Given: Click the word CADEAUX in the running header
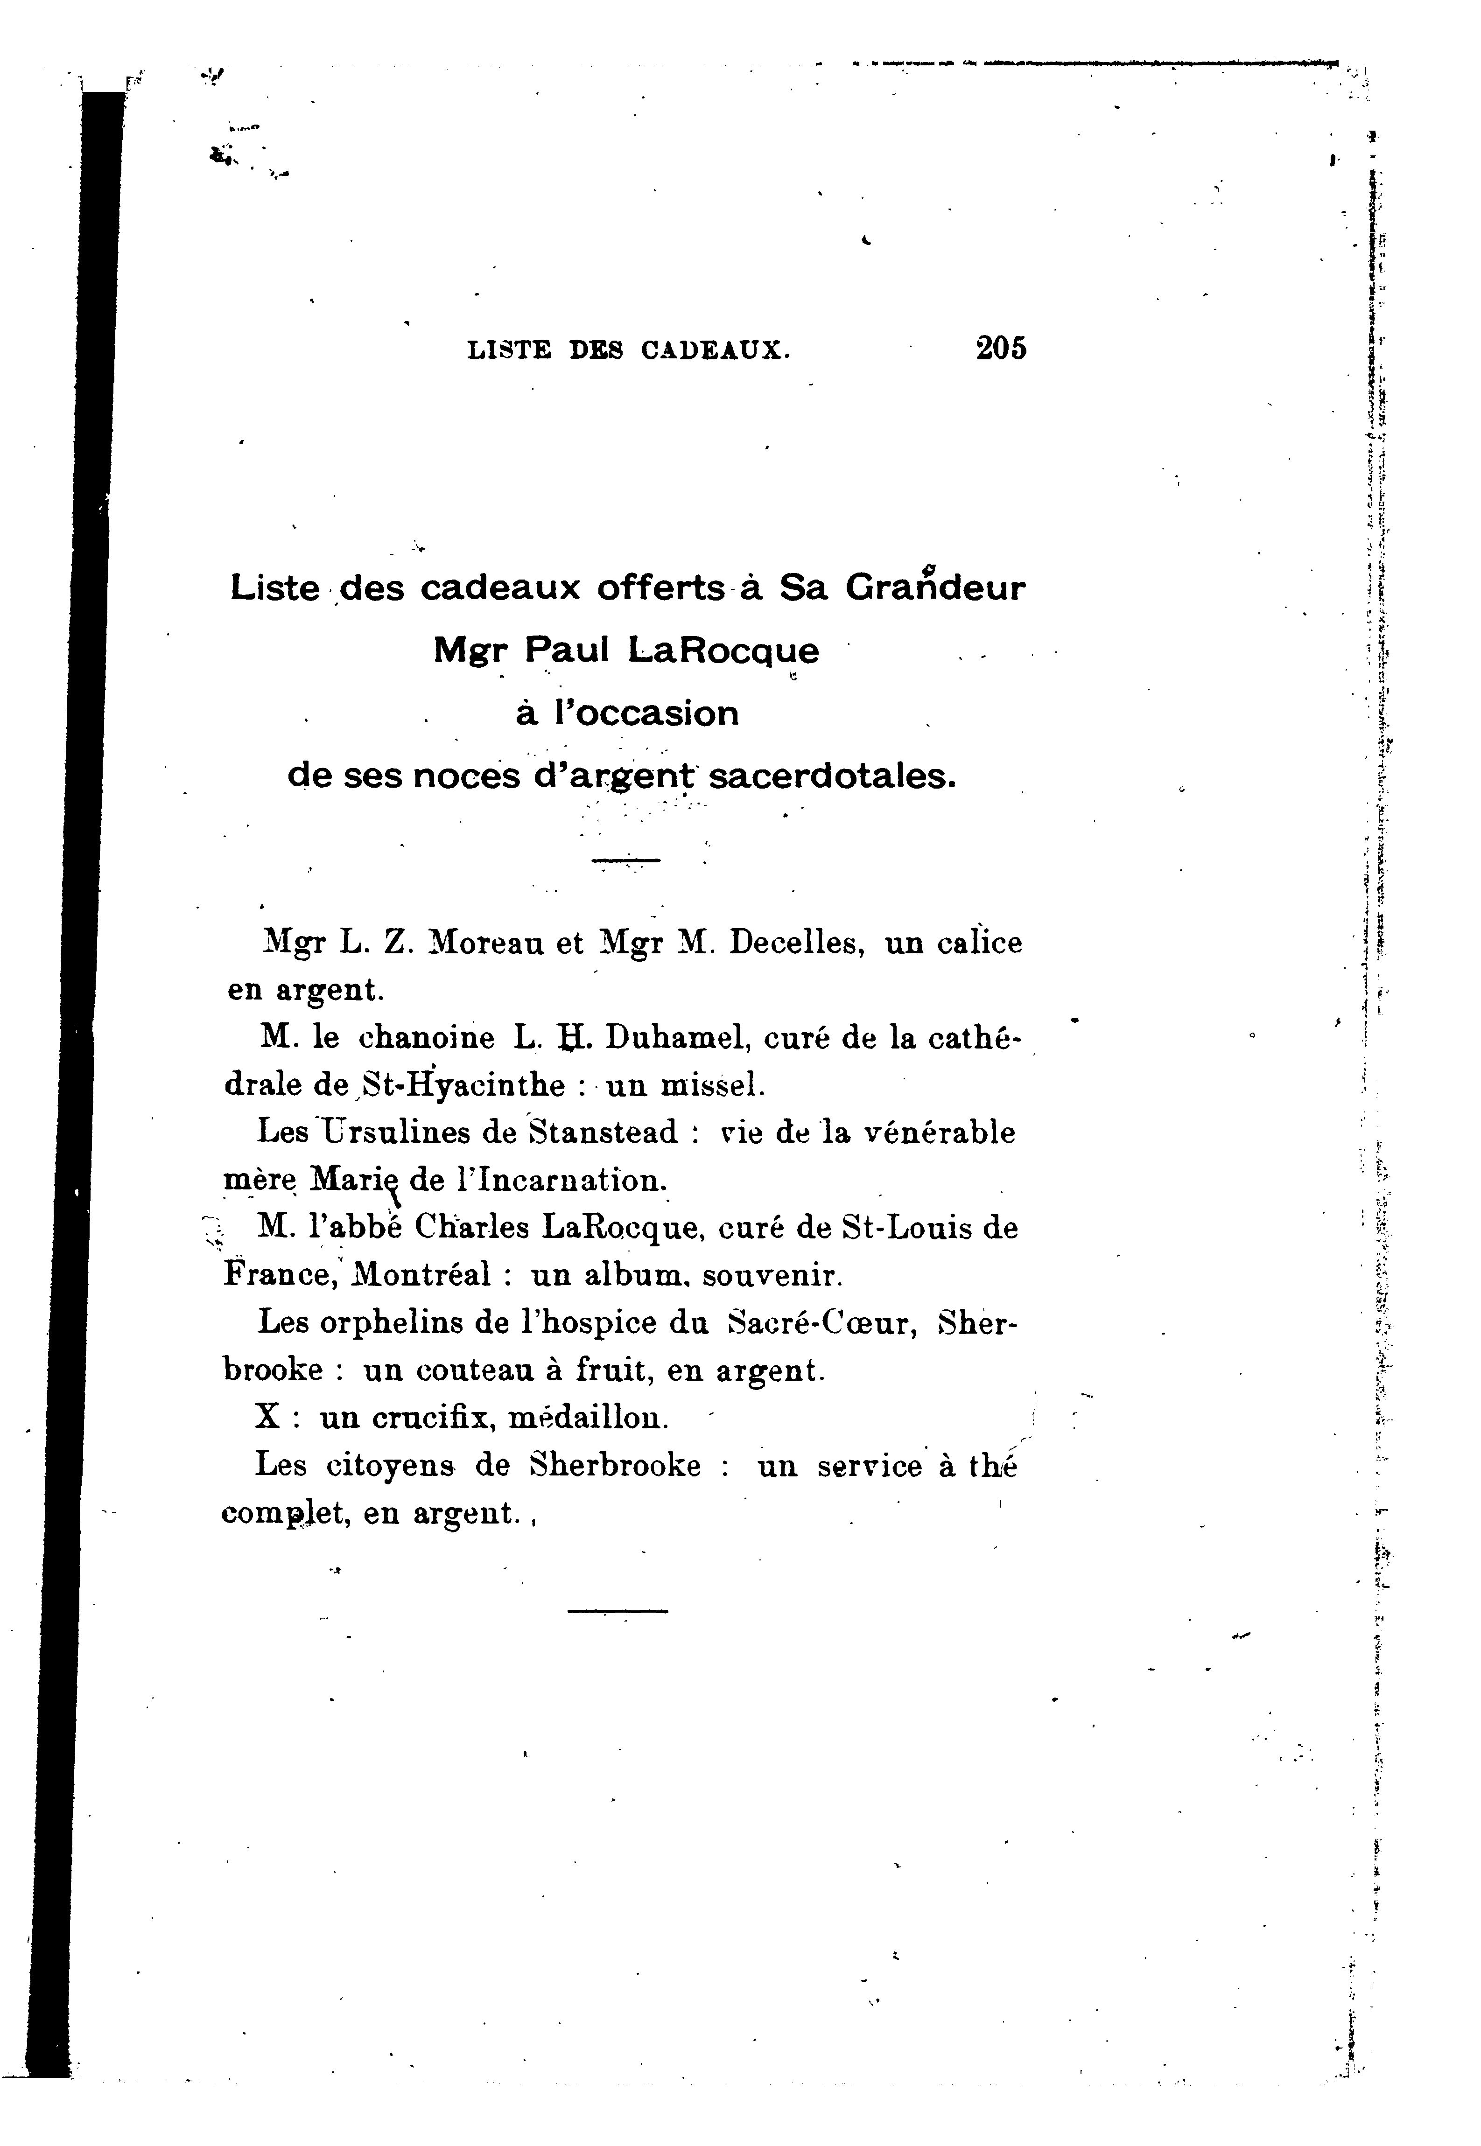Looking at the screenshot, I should click(x=715, y=351).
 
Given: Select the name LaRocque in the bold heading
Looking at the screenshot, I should click(x=724, y=651).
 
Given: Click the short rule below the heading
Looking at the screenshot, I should click(x=625, y=861).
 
